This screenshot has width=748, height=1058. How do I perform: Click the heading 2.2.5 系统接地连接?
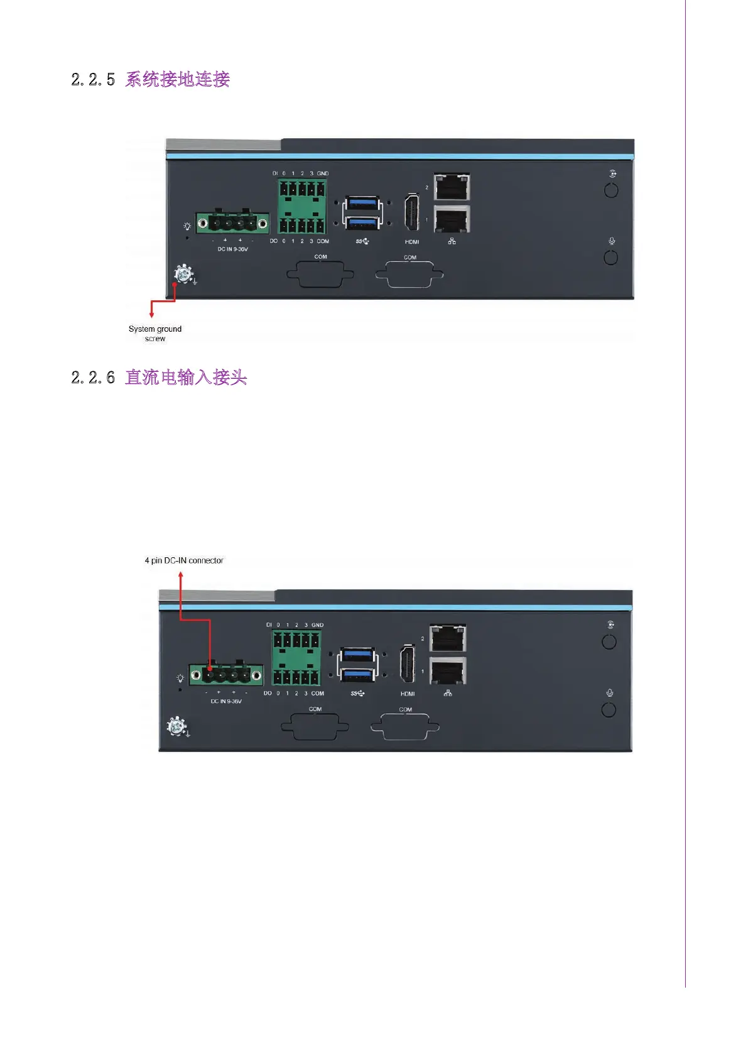point(151,80)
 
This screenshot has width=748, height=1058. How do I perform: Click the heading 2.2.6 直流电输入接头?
point(159,378)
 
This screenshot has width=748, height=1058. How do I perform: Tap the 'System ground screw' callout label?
point(155,334)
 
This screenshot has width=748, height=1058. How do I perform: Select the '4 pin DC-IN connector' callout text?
point(184,560)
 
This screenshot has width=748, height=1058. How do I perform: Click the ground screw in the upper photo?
point(183,274)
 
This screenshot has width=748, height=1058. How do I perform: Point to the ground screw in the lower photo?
point(176,727)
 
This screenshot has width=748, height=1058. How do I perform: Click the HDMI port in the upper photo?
point(412,214)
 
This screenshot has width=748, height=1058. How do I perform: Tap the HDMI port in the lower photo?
point(408,665)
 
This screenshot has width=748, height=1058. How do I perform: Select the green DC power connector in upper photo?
point(232,224)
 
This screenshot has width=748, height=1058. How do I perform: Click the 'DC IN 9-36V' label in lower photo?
point(226,701)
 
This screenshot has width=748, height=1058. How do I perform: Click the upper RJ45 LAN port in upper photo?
point(452,187)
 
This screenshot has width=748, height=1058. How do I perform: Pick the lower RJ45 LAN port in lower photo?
point(448,672)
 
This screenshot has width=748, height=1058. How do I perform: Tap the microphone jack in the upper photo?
point(610,257)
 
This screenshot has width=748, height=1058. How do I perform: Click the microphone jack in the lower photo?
point(608,709)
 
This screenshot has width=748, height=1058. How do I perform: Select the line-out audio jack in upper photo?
point(610,190)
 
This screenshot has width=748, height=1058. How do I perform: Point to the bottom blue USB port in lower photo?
point(357,674)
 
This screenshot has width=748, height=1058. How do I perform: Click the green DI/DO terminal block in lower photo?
point(296,658)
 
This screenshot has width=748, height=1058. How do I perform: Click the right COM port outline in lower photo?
point(405,728)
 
